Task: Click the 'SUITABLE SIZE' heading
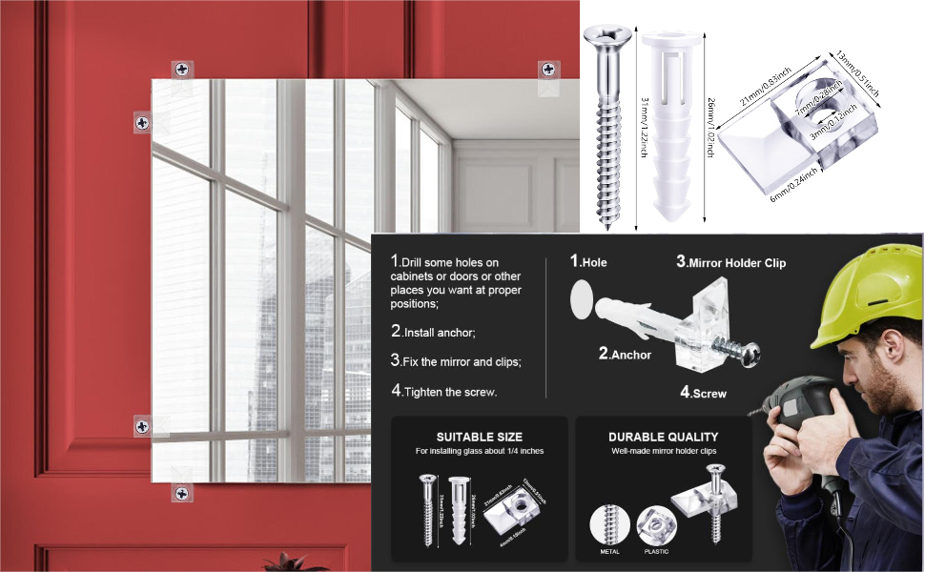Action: tap(480, 438)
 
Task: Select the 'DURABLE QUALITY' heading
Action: tap(664, 438)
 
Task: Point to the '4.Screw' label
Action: tap(703, 392)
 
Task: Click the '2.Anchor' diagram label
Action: tap(625, 355)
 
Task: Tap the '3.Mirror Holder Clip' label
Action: tap(730, 262)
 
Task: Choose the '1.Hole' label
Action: tap(588, 262)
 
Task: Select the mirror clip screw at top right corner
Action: tap(549, 69)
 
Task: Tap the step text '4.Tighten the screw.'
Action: tap(443, 391)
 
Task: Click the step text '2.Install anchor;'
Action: tap(433, 333)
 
